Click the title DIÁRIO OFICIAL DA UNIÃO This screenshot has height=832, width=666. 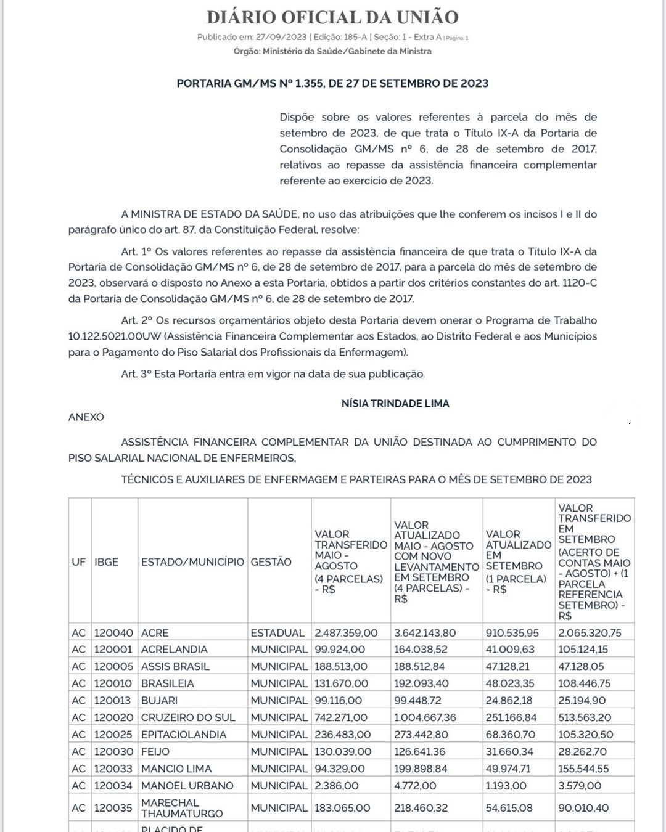[332, 17]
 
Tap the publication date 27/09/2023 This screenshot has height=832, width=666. [281, 37]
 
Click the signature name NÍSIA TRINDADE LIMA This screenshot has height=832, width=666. [395, 403]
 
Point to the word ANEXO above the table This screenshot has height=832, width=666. [86, 417]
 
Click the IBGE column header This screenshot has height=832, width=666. [106, 561]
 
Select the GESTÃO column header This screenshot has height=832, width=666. [271, 561]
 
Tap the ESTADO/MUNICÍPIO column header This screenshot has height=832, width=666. [192, 561]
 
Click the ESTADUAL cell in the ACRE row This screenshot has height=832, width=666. [277, 633]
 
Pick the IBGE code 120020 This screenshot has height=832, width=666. [113, 717]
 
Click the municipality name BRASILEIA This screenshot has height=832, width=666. [167, 683]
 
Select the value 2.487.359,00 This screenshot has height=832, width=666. [346, 633]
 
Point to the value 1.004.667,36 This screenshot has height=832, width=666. [425, 717]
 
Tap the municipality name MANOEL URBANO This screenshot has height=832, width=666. [187, 786]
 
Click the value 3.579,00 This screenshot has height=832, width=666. [580, 786]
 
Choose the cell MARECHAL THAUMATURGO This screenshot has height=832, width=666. [182, 808]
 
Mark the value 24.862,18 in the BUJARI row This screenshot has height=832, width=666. [511, 701]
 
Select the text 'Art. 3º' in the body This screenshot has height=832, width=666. [136, 374]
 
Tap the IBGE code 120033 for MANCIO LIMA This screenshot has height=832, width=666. [113, 769]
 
